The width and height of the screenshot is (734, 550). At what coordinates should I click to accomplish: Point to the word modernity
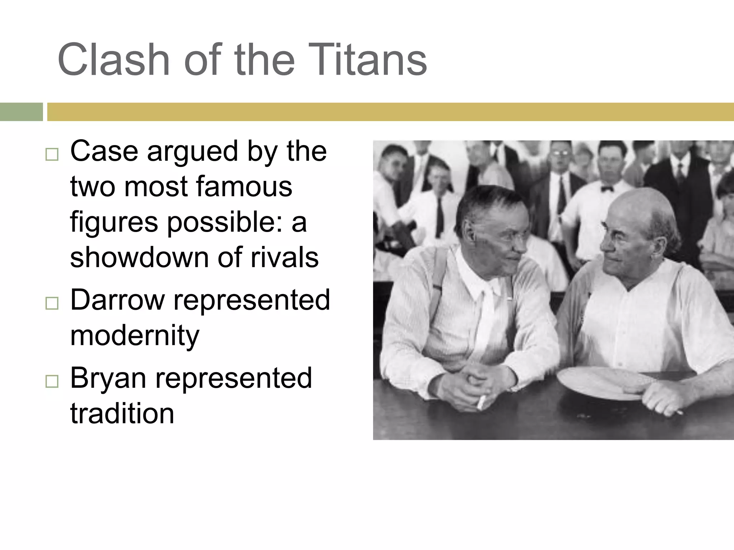[x=134, y=335]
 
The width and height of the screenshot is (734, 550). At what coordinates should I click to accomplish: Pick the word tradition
[x=122, y=413]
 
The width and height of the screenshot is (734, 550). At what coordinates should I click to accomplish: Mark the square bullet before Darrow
[x=52, y=303]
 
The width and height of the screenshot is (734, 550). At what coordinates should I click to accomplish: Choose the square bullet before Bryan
[x=52, y=381]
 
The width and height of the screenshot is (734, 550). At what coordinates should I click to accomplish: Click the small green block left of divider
[x=21, y=112]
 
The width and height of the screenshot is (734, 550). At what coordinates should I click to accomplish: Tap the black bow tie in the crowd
[x=607, y=188]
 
